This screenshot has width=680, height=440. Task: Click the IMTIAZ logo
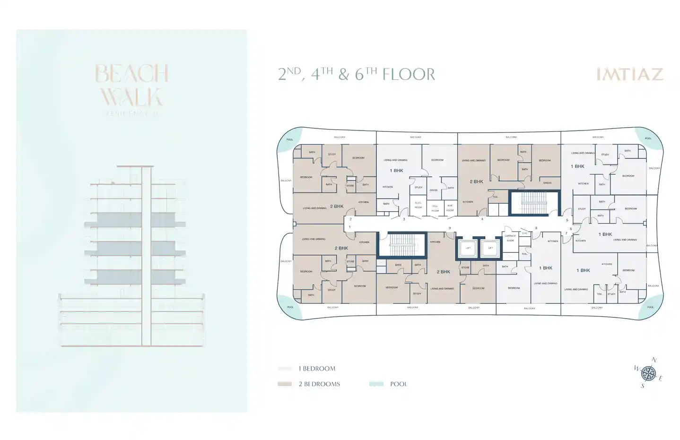[x=629, y=74]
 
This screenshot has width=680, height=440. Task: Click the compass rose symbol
[x=648, y=373]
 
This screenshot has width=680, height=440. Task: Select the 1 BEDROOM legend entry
[x=316, y=369]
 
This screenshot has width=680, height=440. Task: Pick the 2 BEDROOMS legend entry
[x=319, y=384]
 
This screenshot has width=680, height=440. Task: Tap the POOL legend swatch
[x=376, y=384]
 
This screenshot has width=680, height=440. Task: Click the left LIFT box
[x=468, y=248]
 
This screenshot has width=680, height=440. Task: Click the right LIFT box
[x=490, y=248]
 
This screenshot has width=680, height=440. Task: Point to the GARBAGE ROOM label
[x=510, y=238]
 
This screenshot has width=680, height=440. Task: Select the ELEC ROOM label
[x=418, y=205]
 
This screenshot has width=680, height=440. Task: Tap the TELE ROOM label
[x=435, y=208]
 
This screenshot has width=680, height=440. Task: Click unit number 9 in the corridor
[x=450, y=228]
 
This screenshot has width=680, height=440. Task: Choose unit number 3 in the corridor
[x=404, y=219]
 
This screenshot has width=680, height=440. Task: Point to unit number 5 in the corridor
[x=567, y=220]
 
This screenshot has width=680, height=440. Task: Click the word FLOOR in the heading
[x=409, y=75]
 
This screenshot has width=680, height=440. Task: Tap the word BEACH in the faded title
[x=131, y=74]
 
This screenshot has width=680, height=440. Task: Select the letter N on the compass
[x=654, y=360]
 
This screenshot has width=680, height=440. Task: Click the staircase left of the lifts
[x=402, y=244]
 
